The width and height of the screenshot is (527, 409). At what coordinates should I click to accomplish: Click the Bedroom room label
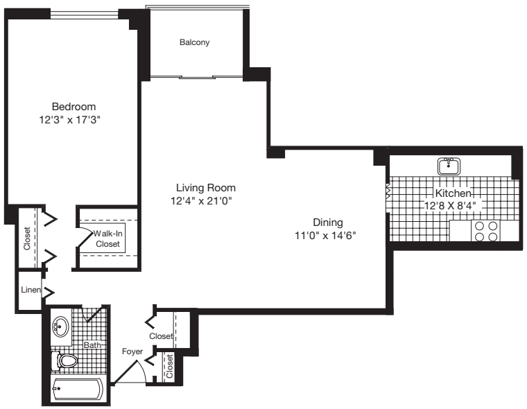pos(74,106)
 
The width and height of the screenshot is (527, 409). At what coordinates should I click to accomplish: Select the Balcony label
pos(194,42)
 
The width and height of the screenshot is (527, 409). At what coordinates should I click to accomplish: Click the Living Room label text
pos(205,188)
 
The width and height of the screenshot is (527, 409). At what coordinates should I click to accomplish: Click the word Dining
pos(328,223)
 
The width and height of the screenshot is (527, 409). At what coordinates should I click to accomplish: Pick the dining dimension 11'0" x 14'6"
pos(329,236)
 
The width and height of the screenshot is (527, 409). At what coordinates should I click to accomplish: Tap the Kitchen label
pos(453,193)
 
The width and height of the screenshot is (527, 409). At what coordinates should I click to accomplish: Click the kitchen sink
pos(449,166)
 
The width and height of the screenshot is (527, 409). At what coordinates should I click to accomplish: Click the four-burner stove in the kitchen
pos(485,231)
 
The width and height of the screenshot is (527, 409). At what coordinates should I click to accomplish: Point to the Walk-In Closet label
pos(107,239)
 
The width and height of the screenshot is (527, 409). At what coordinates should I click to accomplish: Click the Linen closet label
pos(30,289)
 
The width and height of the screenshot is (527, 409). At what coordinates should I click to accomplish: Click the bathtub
pos(78,389)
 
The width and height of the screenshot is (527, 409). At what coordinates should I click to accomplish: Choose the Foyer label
pos(132,351)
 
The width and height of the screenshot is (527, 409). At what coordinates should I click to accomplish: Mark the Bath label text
pos(92,345)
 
